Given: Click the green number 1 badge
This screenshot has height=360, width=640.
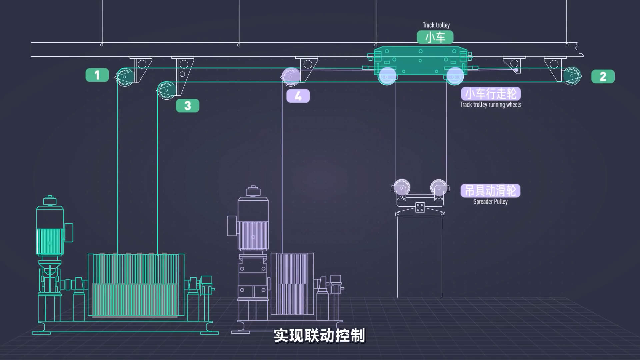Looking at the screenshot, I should [97, 75].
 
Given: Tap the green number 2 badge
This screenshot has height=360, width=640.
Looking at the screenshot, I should [603, 77].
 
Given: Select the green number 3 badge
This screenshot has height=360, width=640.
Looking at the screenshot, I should [187, 106].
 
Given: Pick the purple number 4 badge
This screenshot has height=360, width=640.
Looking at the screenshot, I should [298, 96].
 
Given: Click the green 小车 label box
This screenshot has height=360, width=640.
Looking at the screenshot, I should [435, 37].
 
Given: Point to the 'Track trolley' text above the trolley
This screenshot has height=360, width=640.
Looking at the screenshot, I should [436, 25].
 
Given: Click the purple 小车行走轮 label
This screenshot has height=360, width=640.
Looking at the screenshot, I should [491, 94].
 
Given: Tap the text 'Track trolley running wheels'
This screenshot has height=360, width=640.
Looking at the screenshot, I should [491, 105].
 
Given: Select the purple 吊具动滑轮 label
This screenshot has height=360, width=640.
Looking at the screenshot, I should [490, 191].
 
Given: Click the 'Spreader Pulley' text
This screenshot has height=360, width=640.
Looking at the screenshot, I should [490, 202].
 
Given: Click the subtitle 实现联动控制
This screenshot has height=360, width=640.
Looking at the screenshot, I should [319, 336].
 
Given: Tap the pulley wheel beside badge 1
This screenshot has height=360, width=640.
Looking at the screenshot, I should [124, 77].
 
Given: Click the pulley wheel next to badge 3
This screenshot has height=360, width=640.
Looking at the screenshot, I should [166, 90].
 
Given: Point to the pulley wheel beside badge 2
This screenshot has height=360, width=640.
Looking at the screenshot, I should [572, 76].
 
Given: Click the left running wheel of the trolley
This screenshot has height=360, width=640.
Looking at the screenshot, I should [387, 76].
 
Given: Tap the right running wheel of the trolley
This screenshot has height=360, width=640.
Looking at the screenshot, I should [455, 76].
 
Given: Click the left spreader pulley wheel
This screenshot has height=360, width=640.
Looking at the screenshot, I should [402, 188].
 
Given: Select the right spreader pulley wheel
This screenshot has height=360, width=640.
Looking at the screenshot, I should [439, 188].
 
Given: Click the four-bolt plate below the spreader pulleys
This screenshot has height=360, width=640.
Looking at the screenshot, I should [420, 207].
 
